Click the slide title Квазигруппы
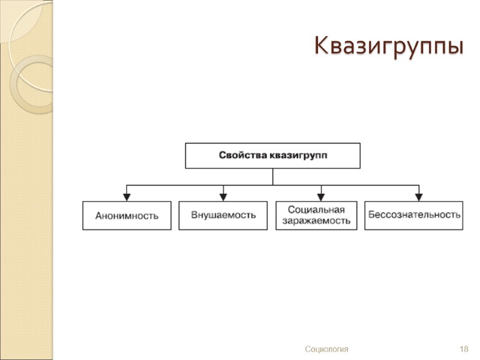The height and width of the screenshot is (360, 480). click(x=389, y=46)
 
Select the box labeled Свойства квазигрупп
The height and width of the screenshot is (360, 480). click(x=272, y=155)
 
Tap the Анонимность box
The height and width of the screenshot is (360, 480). click(x=127, y=215)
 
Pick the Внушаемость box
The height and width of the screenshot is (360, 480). click(x=223, y=215)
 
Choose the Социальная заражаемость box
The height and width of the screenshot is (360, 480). click(x=316, y=215)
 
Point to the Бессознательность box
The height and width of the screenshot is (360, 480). click(x=414, y=215)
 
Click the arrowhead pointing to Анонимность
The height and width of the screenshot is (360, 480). click(x=127, y=196)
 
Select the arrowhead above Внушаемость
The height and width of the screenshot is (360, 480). click(x=223, y=196)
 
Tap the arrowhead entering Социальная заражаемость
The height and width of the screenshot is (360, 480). click(x=322, y=196)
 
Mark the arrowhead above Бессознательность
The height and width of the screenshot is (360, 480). click(x=419, y=196)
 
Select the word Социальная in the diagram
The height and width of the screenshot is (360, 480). click(x=316, y=209)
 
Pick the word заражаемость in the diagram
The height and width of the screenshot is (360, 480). click(x=316, y=220)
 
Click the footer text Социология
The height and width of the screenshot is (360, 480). click(x=326, y=349)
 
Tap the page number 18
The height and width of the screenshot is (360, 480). click(x=463, y=349)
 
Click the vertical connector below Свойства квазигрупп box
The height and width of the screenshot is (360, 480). click(x=272, y=176)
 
